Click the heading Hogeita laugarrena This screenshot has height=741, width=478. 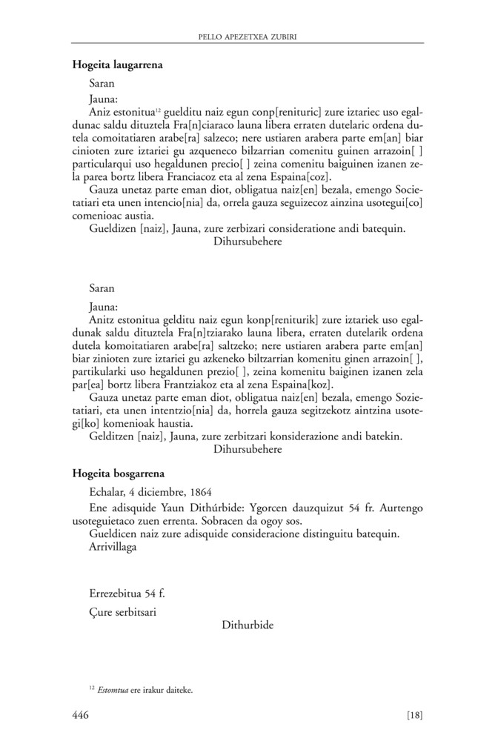(x=118, y=64)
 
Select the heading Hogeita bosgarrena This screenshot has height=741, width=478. (x=119, y=471)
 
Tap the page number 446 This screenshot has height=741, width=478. (x=81, y=715)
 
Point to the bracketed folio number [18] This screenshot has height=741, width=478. (x=414, y=715)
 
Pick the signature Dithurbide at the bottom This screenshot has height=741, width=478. (x=248, y=625)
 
